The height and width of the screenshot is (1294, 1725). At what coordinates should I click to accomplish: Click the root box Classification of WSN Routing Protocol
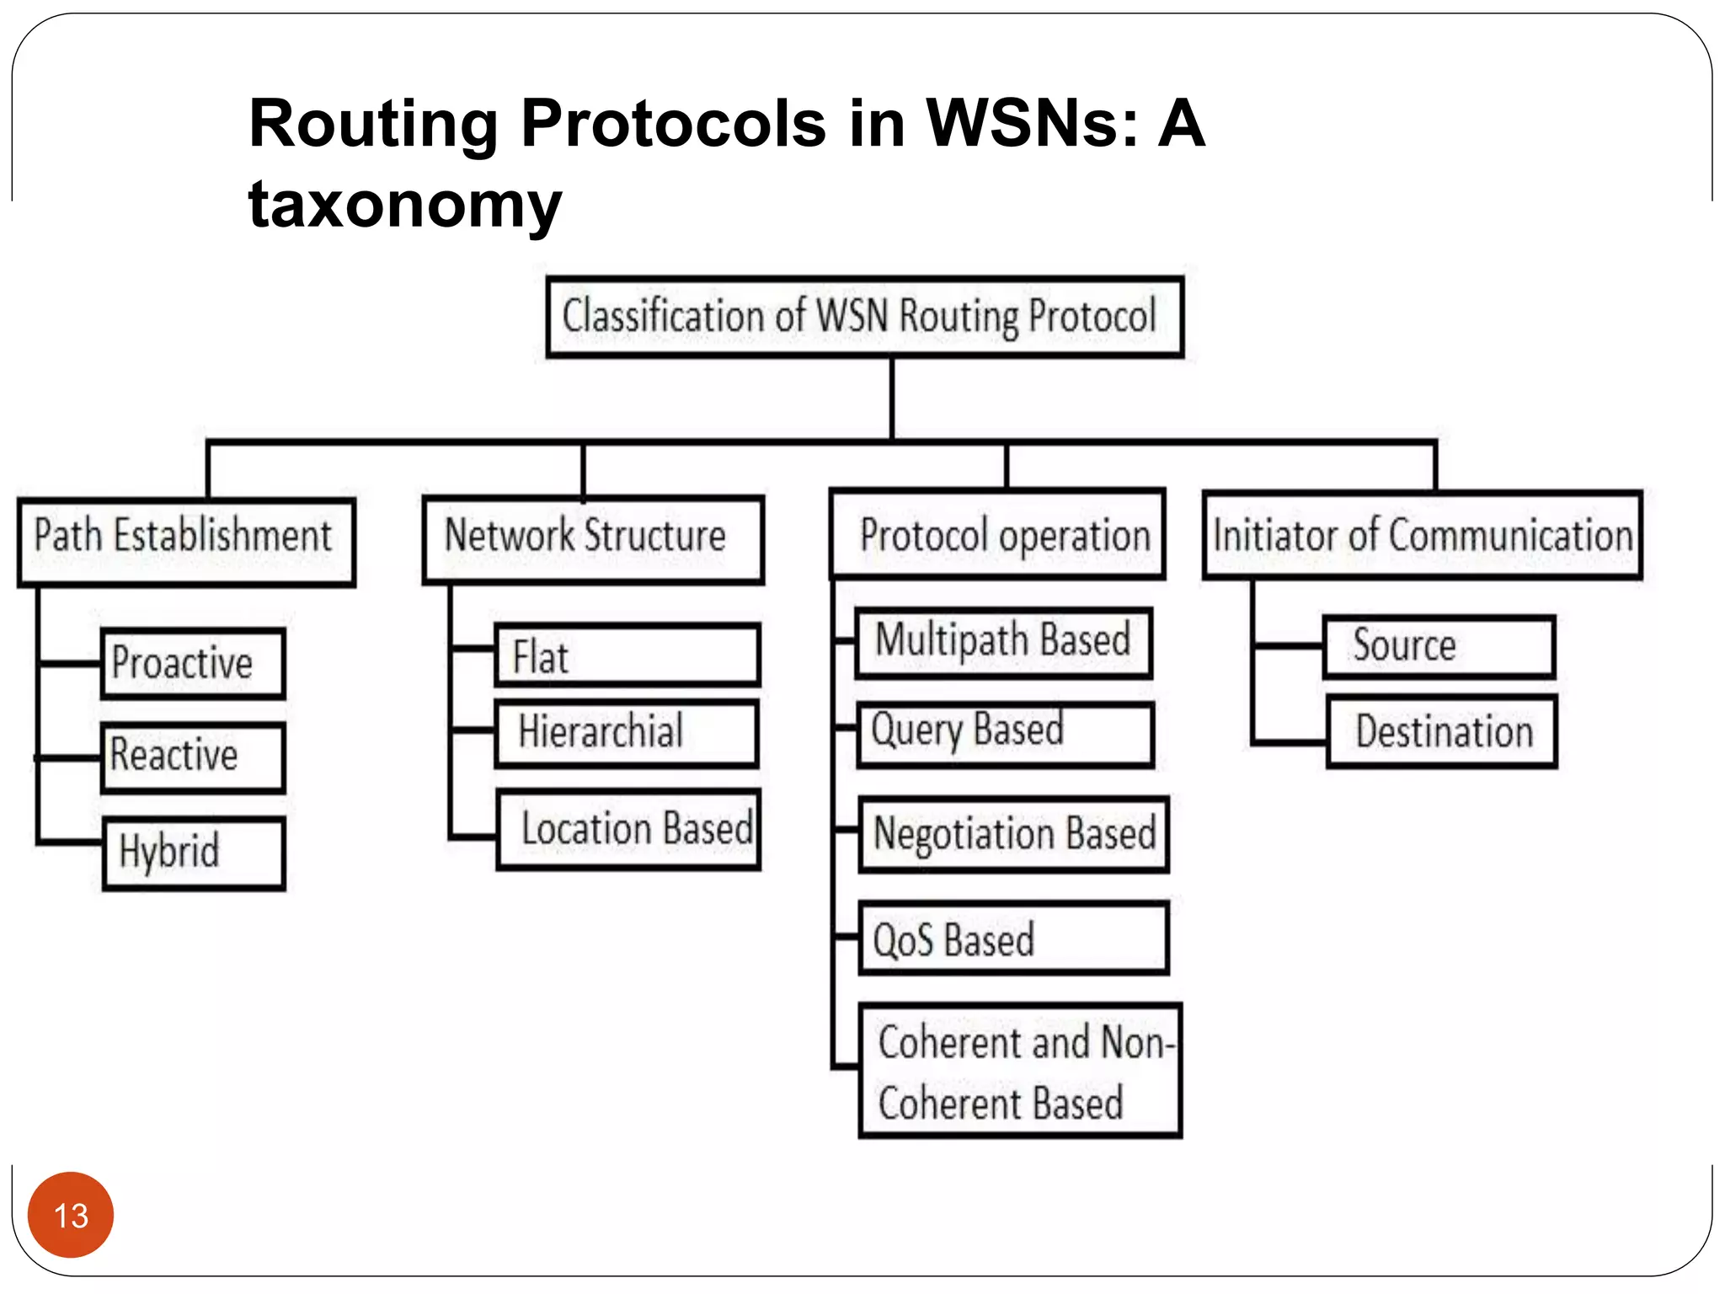864,317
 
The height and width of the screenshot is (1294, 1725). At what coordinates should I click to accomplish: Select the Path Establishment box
186,542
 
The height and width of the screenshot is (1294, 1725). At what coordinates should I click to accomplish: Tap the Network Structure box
593,539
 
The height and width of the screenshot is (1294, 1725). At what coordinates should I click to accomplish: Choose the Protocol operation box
998,534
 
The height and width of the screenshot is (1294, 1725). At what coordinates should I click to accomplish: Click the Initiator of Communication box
1422,535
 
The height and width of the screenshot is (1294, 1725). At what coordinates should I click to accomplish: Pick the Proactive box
193,663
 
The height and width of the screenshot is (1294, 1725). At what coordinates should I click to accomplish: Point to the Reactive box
193,757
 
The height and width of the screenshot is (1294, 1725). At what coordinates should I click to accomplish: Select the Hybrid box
194,853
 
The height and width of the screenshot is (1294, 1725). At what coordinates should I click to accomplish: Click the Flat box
627,655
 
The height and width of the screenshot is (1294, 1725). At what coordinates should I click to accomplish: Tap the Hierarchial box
627,732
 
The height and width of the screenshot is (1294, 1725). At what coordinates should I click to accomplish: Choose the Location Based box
628,829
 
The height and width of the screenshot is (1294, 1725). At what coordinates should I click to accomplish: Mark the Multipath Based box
1003,642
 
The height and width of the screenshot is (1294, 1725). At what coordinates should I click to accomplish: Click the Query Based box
1004,734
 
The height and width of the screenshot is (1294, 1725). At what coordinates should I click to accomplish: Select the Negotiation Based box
1013,833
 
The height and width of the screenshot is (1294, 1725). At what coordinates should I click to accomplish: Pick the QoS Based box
1013,938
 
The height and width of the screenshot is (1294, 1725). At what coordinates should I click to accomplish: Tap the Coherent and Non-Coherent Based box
1019,1070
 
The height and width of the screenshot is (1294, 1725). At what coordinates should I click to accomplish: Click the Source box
1439,646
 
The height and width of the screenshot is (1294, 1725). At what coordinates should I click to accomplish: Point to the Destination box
1441,730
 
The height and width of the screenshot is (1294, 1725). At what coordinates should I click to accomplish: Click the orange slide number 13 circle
71,1214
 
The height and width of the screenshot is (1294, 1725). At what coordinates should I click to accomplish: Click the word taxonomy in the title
405,204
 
